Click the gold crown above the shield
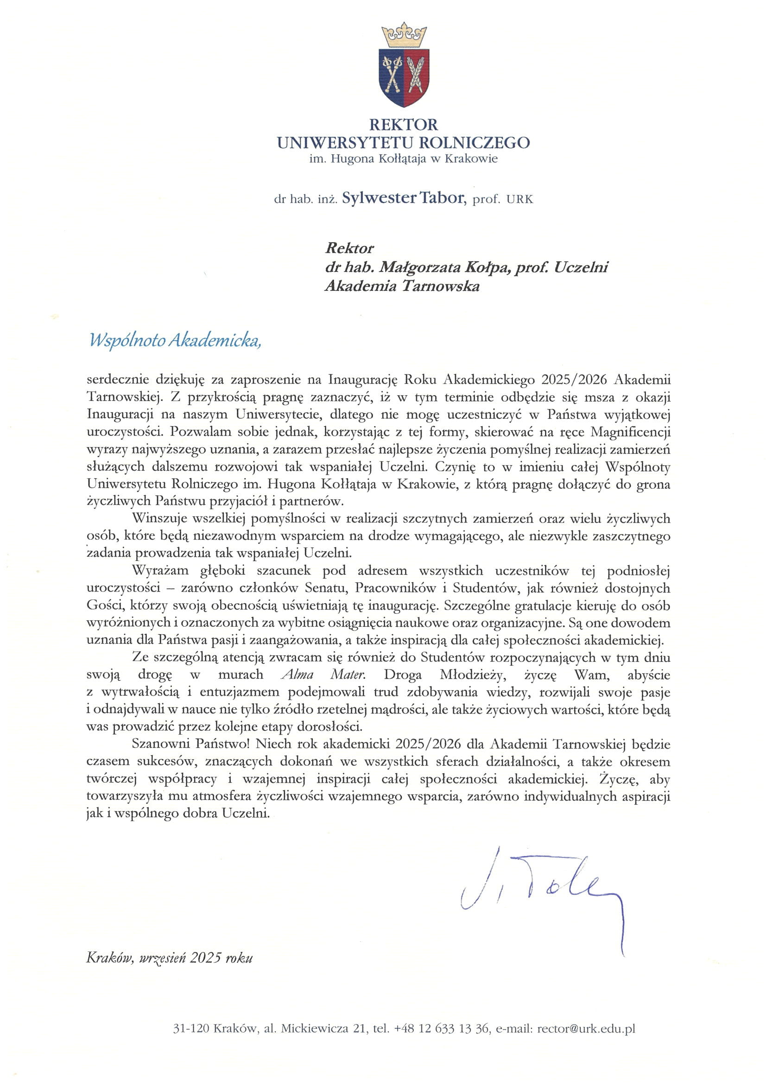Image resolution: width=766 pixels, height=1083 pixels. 404,35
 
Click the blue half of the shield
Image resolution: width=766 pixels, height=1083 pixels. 392,76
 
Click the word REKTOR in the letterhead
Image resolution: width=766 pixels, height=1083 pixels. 404,125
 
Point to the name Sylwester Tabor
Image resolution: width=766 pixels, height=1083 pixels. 403,198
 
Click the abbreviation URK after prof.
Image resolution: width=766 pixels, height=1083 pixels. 519,200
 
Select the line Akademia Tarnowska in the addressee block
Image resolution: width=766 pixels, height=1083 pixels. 402,286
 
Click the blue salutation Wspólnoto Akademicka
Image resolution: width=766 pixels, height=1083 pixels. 175,340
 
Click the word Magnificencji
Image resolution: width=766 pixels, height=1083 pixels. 630,432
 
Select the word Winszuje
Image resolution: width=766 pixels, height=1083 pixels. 160,518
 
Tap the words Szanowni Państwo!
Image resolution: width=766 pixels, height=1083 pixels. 190,744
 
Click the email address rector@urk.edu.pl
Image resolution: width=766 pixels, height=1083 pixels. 586,1028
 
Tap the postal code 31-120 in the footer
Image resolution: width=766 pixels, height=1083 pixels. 190,1028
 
